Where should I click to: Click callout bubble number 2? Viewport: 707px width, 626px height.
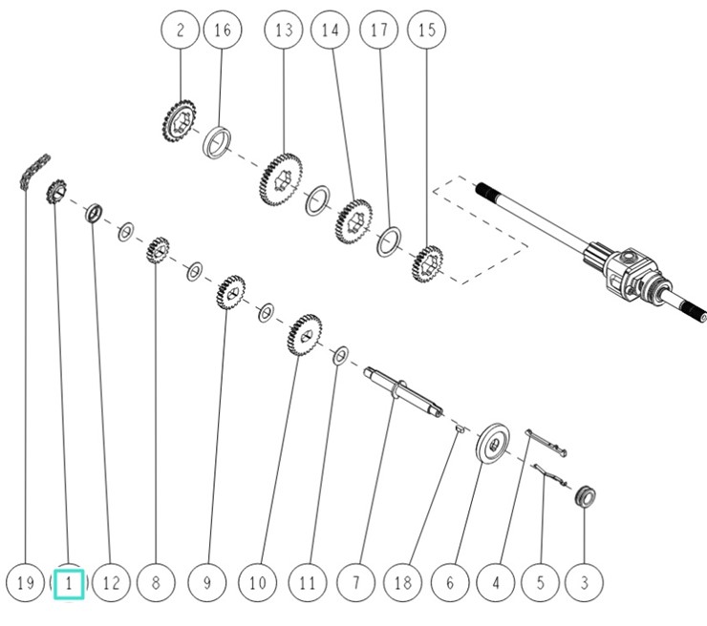pos(181,31)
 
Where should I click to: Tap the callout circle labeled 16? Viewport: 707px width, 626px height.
pos(222,31)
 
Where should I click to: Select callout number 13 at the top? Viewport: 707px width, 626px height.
pos(284,31)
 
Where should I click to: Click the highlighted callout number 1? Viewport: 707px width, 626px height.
pos(69,582)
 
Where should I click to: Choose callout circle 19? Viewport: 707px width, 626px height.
pos(25,582)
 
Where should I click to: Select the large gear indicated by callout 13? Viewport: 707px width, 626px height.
pos(281,177)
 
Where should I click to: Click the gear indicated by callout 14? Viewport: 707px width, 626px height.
pos(354,220)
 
